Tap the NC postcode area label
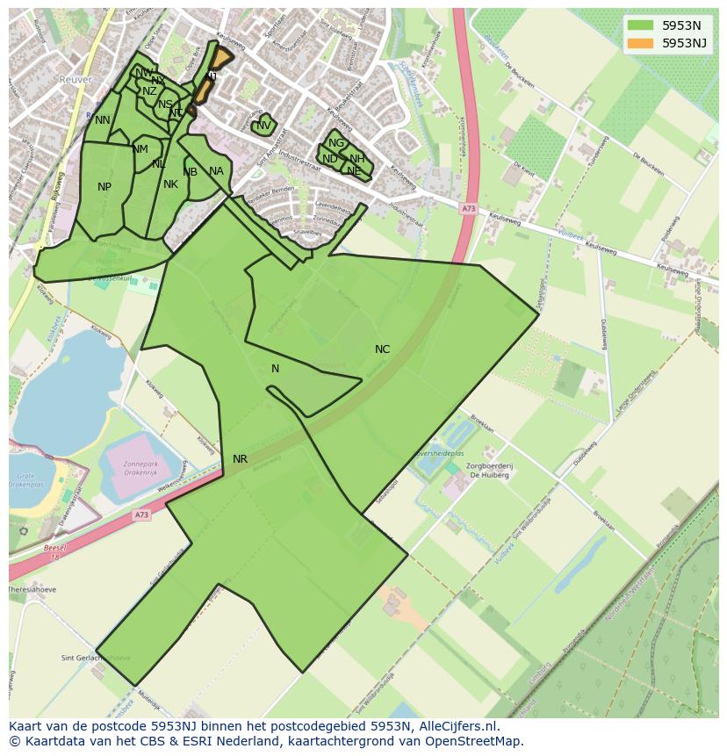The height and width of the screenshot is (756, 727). pyautogui.click(x=382, y=349)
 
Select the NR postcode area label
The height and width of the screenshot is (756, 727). pyautogui.click(x=240, y=459)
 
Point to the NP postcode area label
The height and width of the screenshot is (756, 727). pyautogui.click(x=104, y=187)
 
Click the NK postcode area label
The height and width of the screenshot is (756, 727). pyautogui.click(x=170, y=184)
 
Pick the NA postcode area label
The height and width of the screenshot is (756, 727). pyautogui.click(x=216, y=171)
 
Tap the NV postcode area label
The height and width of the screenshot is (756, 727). pyautogui.click(x=263, y=126)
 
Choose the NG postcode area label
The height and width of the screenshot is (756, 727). pyautogui.click(x=335, y=143)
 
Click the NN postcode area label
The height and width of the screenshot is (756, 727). pyautogui.click(x=103, y=120)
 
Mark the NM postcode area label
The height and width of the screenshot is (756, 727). pyautogui.click(x=140, y=149)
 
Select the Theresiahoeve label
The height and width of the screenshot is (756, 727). pyautogui.click(x=32, y=589)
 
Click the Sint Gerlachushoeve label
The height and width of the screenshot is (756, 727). pyautogui.click(x=95, y=658)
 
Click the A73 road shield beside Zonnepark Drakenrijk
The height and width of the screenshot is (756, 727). pyautogui.click(x=142, y=515)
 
